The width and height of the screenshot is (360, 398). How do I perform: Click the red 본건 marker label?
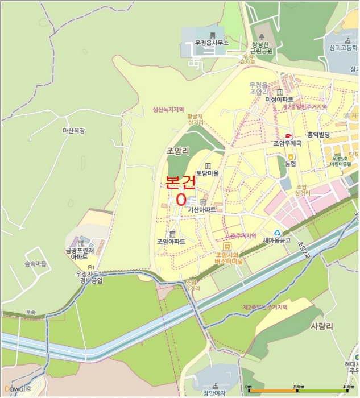point(180,182)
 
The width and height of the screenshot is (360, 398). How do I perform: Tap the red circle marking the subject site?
point(181,200)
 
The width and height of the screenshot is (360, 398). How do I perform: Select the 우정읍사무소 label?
point(212,43)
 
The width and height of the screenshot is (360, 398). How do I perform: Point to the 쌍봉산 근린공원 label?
point(262,47)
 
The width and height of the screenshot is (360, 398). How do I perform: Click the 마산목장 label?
point(73,131)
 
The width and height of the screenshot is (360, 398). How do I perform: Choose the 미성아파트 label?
point(279,100)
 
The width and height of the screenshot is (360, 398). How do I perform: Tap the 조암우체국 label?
point(287,144)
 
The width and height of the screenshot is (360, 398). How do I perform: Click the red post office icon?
point(288,135)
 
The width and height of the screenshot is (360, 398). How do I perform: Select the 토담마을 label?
point(208,173)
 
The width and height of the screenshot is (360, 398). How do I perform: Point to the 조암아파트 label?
point(171,241)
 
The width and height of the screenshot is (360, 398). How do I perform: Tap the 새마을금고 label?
point(277,240)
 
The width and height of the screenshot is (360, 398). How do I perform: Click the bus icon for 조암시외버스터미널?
point(227,246)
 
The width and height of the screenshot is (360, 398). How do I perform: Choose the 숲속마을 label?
point(35,264)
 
